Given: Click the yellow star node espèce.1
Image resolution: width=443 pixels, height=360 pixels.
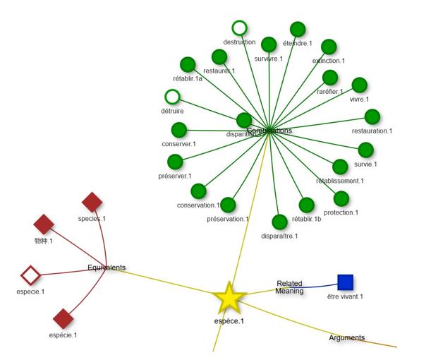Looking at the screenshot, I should point(229,299).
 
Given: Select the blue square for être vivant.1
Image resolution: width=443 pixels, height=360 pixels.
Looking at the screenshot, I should point(345,282).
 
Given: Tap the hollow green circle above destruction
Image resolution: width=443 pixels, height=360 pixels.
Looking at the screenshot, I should point(240,28).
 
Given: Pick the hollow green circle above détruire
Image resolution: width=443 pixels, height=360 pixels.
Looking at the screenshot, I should point(172,97).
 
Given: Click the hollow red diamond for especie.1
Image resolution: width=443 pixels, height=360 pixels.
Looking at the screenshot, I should point(30,274).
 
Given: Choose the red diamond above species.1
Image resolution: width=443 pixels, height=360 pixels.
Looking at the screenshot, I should point(92,203).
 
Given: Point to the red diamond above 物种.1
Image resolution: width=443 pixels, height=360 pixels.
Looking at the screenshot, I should point(44,224).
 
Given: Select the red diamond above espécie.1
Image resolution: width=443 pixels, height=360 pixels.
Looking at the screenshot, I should point(63,318).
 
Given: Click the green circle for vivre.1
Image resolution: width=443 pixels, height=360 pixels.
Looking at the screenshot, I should point(359,85).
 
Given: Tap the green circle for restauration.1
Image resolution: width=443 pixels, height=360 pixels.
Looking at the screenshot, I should point(372,116).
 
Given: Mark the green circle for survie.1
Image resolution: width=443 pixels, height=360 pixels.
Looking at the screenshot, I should point(365,150).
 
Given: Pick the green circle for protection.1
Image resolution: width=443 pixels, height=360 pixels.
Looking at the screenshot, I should point(341,198).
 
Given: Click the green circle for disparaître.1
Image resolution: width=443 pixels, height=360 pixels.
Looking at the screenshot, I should point(279,222).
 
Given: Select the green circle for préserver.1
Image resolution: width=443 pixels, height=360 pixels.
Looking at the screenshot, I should point(175,162).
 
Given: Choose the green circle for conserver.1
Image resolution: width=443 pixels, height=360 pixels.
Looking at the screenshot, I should point(178,130).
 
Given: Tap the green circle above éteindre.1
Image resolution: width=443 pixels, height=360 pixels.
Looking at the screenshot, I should point(298,29).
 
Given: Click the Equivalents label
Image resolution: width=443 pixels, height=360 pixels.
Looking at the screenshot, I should point(107,268).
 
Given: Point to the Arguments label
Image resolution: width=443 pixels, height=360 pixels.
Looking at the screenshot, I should point(347,337).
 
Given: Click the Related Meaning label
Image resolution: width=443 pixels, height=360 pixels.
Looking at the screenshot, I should point(289,287).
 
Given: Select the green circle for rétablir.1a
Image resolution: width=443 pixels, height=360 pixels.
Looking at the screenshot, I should point(188,64).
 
